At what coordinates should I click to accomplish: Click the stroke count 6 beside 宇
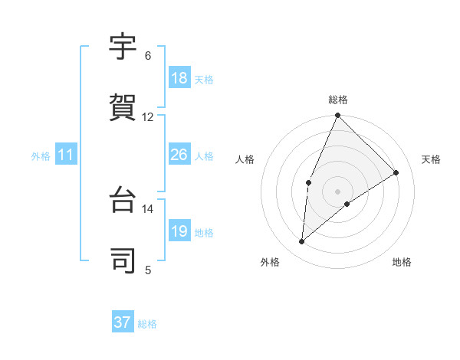coord(148,56)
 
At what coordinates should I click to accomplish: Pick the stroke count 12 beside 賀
coord(148,117)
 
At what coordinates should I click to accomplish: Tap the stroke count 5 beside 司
coord(148,270)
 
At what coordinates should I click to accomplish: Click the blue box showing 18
coord(179,78)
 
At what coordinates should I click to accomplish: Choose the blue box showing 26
coord(179,155)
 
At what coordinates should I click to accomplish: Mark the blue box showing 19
coord(179,231)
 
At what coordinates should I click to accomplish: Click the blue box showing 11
coord(66,155)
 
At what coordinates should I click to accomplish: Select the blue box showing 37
coord(123,322)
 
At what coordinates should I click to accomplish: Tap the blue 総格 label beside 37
coord(147,324)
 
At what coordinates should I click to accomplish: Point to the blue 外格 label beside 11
coord(41,156)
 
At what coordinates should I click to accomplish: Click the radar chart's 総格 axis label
coord(338,100)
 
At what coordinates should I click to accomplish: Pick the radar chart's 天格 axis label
coord(431,159)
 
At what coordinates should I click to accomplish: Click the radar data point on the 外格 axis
coord(302,242)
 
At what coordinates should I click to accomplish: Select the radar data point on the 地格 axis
coord(347,204)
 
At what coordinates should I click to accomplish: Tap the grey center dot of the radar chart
coord(338,191)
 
